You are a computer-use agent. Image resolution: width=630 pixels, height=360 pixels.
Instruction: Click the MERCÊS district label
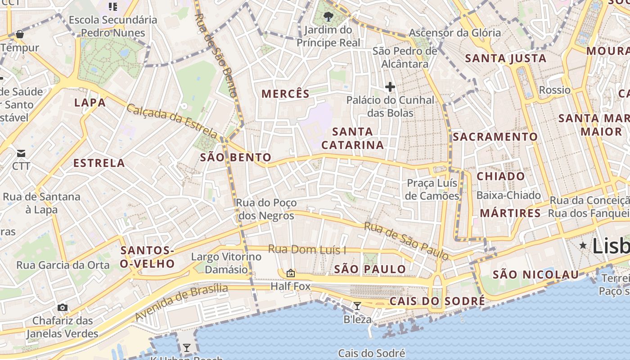coord(285,94)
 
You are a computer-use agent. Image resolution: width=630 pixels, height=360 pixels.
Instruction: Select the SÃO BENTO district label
coord(236,157)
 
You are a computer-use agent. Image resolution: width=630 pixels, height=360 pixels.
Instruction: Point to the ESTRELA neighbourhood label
coord(99,163)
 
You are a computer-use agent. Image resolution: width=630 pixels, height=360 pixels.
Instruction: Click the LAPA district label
coord(90,103)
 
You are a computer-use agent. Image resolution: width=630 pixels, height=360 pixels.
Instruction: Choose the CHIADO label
coord(500,176)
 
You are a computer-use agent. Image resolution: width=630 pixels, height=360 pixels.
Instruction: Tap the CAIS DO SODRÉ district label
coord(437,301)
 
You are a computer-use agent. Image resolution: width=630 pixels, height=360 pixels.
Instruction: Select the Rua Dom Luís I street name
coord(307,249)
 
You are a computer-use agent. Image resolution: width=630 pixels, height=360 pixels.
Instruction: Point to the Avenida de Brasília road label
coord(181,302)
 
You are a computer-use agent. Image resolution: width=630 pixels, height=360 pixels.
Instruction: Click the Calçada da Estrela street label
coord(172,121)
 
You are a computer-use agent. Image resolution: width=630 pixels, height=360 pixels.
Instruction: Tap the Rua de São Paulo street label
coord(406,241)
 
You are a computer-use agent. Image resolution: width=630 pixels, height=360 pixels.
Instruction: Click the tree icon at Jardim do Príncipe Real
coord(328,17)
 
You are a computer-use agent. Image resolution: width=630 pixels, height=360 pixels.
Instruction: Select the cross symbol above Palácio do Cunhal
coord(390,86)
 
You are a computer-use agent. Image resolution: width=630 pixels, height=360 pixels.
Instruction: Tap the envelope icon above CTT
coord(21,153)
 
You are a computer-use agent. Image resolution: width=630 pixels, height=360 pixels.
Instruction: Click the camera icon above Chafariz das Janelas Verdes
coord(63,308)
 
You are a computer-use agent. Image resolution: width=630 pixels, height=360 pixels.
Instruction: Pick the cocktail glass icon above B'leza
coord(357,306)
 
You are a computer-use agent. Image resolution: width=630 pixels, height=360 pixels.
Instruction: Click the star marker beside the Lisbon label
coord(583,246)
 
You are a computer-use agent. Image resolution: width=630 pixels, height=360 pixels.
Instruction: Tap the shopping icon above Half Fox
coord(291,273)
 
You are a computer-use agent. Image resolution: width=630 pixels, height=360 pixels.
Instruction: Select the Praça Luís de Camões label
coord(432,189)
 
